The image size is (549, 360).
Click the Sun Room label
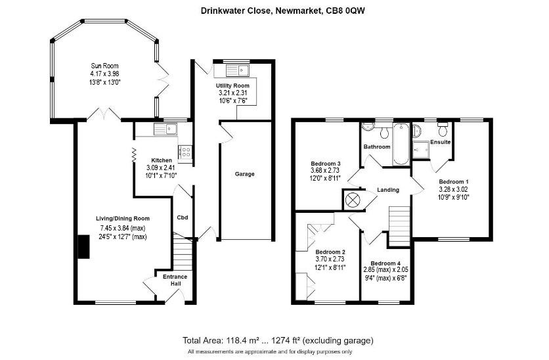[x=104, y=66]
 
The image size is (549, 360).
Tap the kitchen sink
[x=165, y=129]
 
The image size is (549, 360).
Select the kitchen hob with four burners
[x=185, y=152]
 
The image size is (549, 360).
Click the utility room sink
[x=237, y=70]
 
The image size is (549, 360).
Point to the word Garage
[x=245, y=174]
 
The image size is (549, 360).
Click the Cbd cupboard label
[x=183, y=217]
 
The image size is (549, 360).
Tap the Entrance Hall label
[x=175, y=280]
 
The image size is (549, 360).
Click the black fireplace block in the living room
[x=83, y=247]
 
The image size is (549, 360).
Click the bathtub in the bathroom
[x=401, y=144]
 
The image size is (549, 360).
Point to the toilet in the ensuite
[x=443, y=129]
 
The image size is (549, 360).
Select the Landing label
[x=388, y=190]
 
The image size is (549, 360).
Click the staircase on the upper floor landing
[x=399, y=226]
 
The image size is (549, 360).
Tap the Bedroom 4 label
[x=385, y=263]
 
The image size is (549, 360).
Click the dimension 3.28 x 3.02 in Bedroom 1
[x=453, y=189]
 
